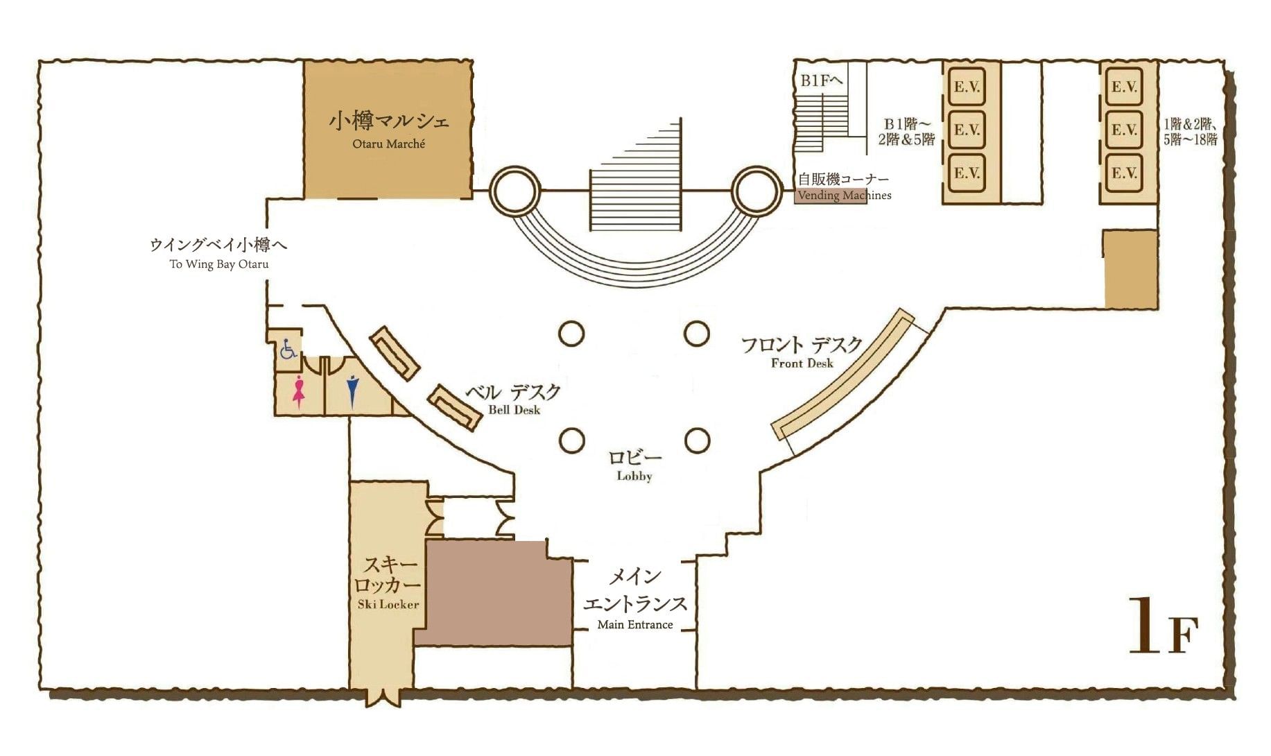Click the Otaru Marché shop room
(x=388, y=130)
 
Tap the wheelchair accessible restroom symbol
(x=288, y=348)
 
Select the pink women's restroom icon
(x=299, y=391)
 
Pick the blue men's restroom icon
(x=353, y=391)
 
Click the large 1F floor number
(x=1163, y=626)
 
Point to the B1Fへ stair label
(x=822, y=80)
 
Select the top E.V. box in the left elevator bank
(x=967, y=87)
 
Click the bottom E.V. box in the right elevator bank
(x=1124, y=172)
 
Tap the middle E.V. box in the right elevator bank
(x=1124, y=129)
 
